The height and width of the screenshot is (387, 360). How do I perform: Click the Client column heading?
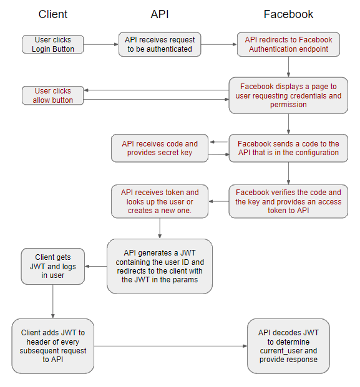pos(53,14)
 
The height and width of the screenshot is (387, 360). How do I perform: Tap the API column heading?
pos(160,14)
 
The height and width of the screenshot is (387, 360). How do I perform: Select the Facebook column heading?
pos(288,14)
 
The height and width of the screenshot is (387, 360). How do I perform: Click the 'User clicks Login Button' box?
pos(53,44)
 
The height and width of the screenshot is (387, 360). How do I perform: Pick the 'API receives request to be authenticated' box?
pos(160,44)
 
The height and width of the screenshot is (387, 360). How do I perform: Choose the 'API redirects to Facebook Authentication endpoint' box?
pos(288,44)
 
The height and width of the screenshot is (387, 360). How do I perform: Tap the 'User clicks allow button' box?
pos(53,95)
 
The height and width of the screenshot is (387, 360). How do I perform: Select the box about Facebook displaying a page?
pos(288,95)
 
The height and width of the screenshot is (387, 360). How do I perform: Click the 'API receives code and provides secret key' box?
pos(160,148)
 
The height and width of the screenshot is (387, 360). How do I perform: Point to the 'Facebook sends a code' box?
pos(288,148)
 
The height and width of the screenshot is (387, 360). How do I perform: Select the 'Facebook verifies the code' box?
pos(288,201)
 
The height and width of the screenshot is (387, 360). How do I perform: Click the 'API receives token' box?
pos(160,201)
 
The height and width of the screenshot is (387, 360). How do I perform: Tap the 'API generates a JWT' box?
pos(160,266)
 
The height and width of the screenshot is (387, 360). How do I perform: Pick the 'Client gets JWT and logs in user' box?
pos(53,266)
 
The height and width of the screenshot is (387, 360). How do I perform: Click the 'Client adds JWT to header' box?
pos(53,346)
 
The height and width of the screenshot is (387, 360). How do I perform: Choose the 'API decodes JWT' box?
pos(288,346)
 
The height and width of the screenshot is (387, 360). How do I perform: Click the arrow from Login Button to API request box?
pos(101,44)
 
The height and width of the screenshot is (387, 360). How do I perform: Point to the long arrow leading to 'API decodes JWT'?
pos(170,346)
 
